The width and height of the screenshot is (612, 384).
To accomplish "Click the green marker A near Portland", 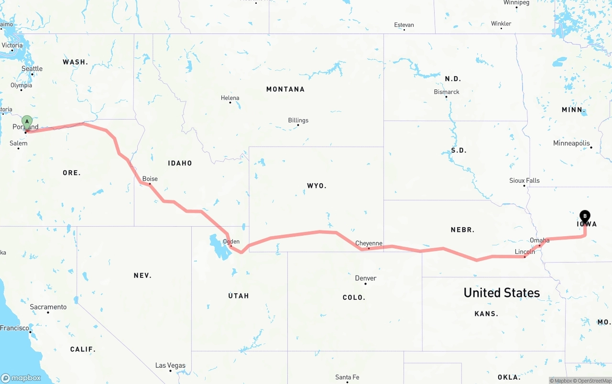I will coord(27,121).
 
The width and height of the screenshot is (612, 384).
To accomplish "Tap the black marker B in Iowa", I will coord(585,216).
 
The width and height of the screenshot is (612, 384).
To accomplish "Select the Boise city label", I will coord(150,179).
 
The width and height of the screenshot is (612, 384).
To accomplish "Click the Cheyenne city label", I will coord(369,243).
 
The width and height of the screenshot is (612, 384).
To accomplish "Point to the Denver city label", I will coord(366,278).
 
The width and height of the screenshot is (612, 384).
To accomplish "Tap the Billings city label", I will coord(298,121).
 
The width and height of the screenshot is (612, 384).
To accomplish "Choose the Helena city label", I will coord(230,98).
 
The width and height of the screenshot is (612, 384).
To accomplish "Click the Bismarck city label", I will coord(447,92).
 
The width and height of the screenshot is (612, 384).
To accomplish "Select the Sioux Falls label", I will coord(525,180).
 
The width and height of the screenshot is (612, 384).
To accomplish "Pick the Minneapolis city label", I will coord(571,143).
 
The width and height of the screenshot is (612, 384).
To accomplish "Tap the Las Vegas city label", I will coord(170,365).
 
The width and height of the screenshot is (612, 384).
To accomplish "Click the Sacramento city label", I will coord(48,307).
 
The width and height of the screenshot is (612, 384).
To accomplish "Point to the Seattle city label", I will coord(32,69).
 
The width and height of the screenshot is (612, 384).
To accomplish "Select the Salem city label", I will coord(19,143).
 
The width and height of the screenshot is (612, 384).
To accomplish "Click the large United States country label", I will coord(502,293).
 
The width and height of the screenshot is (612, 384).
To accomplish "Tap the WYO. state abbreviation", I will coord(317,186).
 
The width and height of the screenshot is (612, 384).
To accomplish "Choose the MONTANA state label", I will coord(285,89).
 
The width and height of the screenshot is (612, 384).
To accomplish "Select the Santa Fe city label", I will coord(347,377).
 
